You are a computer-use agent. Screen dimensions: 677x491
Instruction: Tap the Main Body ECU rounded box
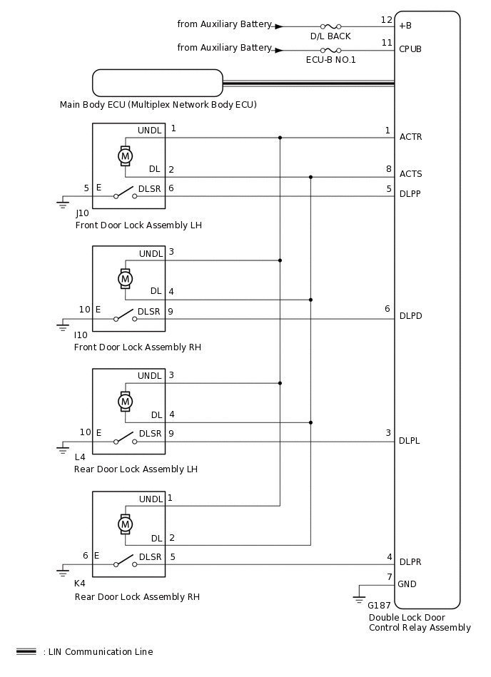(158, 83)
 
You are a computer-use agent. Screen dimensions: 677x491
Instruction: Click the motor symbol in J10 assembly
(125, 155)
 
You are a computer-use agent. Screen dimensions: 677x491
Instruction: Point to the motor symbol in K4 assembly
(125, 524)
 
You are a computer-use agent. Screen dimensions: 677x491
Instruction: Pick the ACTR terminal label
(410, 136)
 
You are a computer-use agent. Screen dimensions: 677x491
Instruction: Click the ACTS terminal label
(410, 174)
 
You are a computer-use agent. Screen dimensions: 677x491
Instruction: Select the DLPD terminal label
(410, 316)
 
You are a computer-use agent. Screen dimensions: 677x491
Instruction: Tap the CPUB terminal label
(410, 50)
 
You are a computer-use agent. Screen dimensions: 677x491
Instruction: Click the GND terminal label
(408, 584)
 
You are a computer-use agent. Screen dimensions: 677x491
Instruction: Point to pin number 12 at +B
(387, 19)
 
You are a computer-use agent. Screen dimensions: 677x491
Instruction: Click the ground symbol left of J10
(62, 205)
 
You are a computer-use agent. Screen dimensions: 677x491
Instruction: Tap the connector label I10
(81, 335)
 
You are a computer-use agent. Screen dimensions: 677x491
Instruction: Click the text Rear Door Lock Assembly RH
(137, 596)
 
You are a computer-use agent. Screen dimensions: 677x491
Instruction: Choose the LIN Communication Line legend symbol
(26, 651)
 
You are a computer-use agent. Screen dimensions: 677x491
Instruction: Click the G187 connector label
(378, 605)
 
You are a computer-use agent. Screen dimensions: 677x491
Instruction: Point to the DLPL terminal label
(410, 441)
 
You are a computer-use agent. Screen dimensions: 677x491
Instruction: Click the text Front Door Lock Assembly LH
(138, 225)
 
